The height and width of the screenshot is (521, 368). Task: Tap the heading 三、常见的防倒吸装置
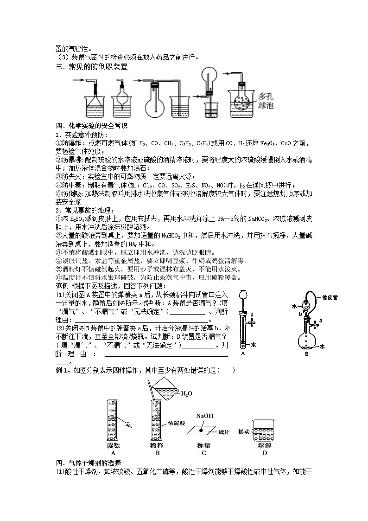pyautogui.click(x=91, y=67)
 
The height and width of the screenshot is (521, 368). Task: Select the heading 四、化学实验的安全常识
pyautogui.click(x=91, y=126)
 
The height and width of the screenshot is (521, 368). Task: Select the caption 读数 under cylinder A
pyautogui.click(x=114, y=445)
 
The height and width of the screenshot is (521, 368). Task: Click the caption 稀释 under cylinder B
pyautogui.click(x=158, y=445)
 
